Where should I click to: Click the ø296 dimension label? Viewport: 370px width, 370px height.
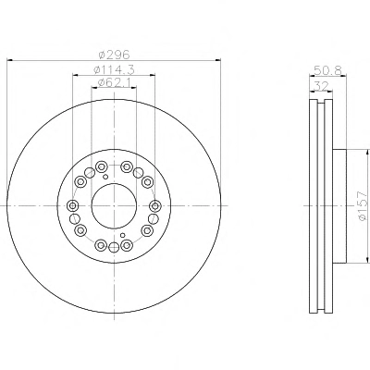click(x=114, y=55)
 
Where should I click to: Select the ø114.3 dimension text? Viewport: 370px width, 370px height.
click(x=114, y=70)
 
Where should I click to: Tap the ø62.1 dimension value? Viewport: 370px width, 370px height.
click(x=114, y=82)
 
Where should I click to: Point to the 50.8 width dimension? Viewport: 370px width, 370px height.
click(x=327, y=70)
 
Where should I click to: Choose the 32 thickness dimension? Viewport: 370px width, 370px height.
click(x=321, y=86)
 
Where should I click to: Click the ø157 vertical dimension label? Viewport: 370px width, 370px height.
click(x=362, y=206)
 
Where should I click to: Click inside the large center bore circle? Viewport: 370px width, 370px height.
click(x=114, y=205)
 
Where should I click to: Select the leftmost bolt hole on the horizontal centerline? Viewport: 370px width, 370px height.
click(x=73, y=205)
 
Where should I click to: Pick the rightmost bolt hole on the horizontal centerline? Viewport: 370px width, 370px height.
click(x=155, y=205)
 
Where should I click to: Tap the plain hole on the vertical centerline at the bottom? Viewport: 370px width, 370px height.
click(x=114, y=247)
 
